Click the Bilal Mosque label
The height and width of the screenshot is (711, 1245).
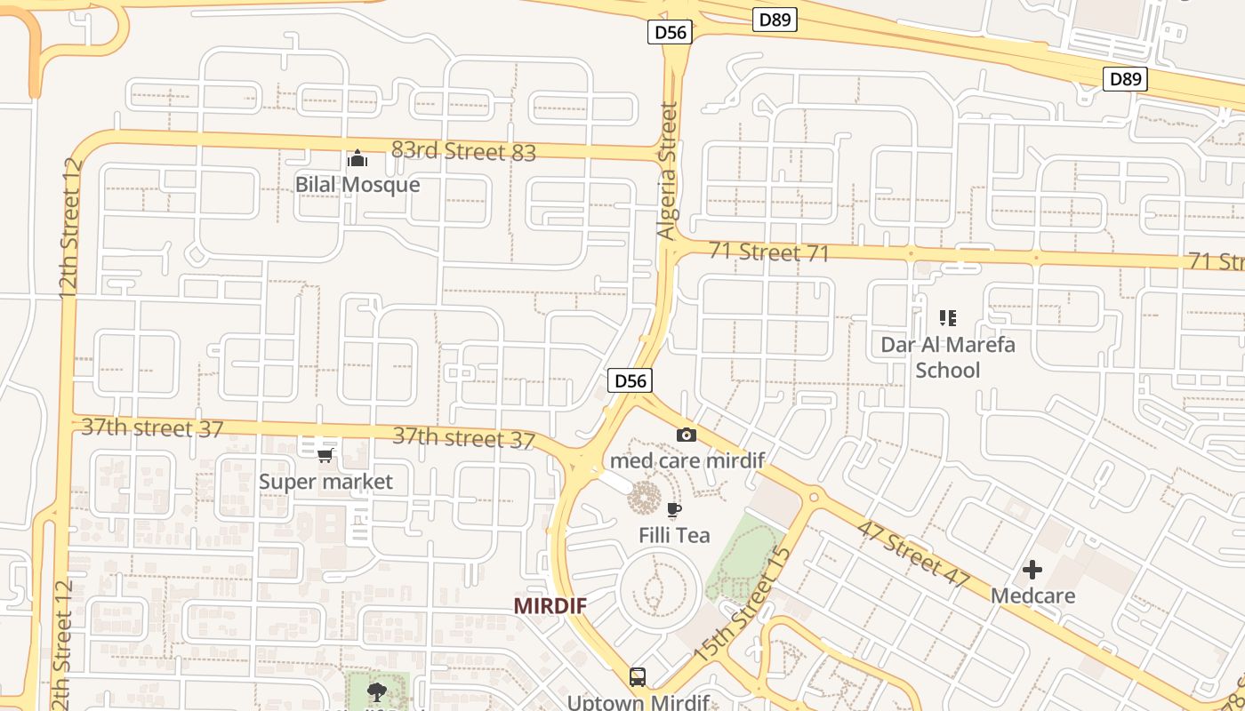357,185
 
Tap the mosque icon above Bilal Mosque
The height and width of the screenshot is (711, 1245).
357,159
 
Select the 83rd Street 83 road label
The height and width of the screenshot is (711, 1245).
463,151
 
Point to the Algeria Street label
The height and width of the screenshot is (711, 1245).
667,171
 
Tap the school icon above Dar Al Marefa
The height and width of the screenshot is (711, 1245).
948,317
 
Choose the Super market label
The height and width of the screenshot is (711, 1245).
325,482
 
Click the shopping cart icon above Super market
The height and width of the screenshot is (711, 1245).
325,455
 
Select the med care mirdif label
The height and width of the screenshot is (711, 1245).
687,460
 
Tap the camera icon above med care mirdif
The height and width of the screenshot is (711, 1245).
687,435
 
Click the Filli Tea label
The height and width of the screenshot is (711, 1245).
675,535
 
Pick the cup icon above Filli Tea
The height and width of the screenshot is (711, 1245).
674,509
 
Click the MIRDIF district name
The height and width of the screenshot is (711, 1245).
550,605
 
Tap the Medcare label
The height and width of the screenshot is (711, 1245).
1033,595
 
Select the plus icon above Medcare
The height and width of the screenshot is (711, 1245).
1032,569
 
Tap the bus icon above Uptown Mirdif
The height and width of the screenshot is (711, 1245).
638,677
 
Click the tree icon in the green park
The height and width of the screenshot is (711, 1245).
377,692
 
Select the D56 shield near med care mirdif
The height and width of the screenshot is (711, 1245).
631,381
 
